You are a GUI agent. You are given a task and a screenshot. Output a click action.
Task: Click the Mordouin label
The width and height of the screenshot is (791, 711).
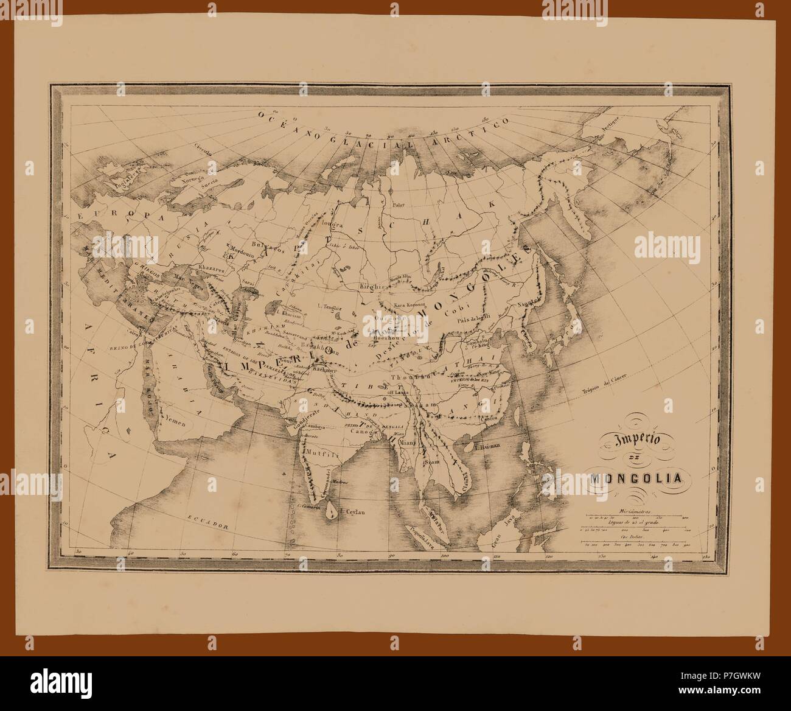point(242,250)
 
